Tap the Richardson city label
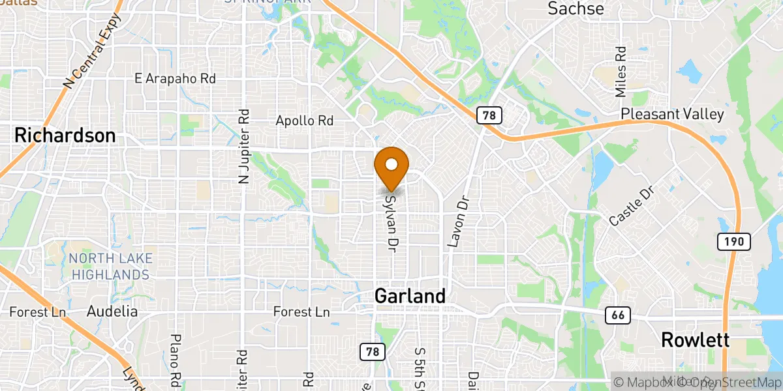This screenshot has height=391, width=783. point(65,136)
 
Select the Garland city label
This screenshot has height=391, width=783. point(410,296)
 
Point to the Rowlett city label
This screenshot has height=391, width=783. point(695,340)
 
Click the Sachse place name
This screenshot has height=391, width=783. point(576,8)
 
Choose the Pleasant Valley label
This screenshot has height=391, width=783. point(672,114)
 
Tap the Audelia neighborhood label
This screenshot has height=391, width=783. point(112,311)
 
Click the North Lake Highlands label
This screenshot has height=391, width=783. point(110,267)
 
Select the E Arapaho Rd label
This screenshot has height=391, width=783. point(175,78)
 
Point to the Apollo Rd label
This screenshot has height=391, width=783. point(304,121)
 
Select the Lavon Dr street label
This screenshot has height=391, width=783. point(459,222)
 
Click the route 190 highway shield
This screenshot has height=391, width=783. point(734,242)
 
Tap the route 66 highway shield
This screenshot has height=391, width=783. point(617,315)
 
